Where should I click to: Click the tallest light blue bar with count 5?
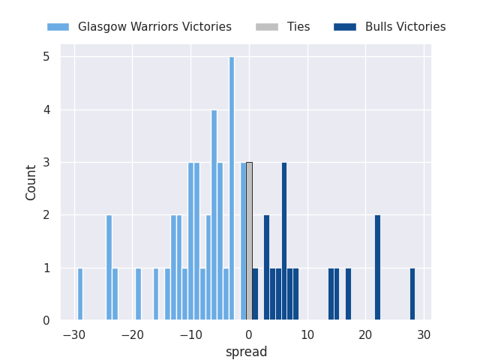click(232, 189)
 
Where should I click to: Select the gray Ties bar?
click(249, 241)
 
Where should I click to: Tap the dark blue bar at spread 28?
click(412, 294)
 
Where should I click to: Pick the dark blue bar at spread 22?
click(377, 268)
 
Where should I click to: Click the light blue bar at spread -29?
click(80, 294)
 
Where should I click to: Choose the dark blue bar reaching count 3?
click(284, 241)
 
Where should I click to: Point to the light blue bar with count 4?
click(214, 215)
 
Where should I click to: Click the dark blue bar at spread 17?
click(348, 294)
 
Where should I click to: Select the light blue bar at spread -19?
click(138, 294)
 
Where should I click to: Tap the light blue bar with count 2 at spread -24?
click(109, 268)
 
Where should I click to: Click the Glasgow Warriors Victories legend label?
click(154, 27)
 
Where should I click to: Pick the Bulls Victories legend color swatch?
click(345, 27)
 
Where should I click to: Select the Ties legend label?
click(298, 27)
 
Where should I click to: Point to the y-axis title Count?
click(31, 182)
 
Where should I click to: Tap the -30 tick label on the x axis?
click(73, 334)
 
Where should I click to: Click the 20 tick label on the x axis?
click(365, 334)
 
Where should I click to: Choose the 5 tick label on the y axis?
click(46, 57)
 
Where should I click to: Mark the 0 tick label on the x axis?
click(249, 334)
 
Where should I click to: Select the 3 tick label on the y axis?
click(46, 163)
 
